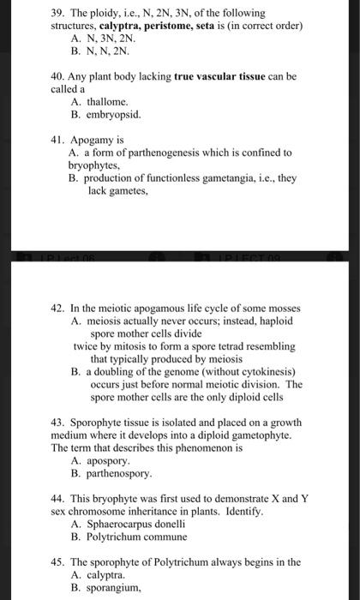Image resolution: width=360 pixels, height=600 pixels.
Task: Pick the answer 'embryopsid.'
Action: [x=114, y=114]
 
